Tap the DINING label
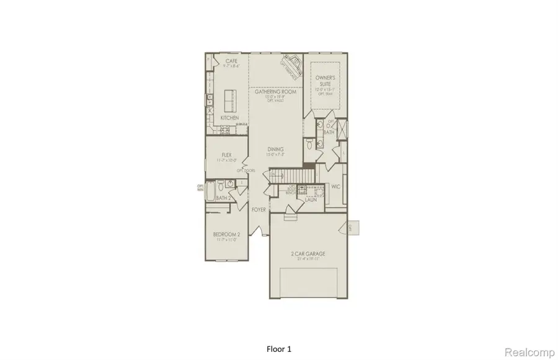pos(275,149)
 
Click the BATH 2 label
pos(224,198)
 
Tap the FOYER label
pos(259,210)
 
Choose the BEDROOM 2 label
pos(226,234)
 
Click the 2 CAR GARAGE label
pos(308,253)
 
